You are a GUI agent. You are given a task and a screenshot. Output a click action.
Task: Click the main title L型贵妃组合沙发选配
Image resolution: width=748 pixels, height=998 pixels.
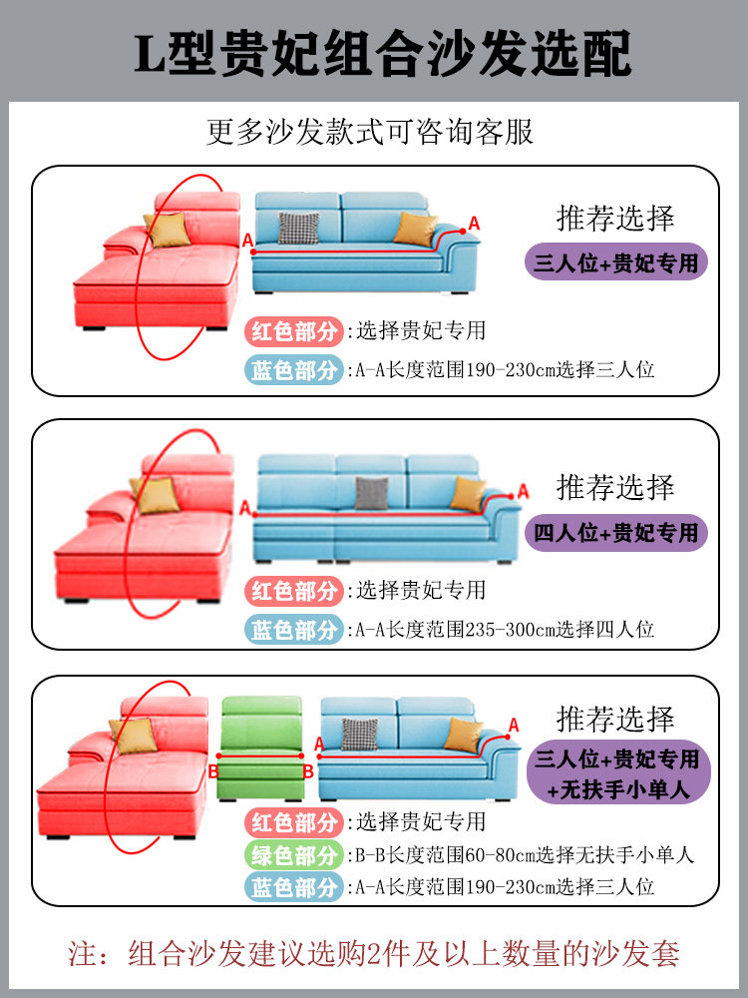(383, 52)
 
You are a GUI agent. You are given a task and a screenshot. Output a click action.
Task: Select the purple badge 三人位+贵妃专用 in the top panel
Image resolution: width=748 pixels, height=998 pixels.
(617, 262)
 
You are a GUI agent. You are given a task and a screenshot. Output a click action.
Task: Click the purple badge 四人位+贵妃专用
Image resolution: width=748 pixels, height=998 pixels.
(617, 532)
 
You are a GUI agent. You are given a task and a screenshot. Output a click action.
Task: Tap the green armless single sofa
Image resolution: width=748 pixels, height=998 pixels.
(260, 748)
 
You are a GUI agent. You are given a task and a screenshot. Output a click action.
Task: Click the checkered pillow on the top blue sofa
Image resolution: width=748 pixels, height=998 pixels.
(297, 228)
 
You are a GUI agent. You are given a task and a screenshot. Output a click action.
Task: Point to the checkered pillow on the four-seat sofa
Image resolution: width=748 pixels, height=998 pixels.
(372, 493)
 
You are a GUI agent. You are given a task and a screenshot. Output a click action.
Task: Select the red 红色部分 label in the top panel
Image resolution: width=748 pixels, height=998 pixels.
(294, 330)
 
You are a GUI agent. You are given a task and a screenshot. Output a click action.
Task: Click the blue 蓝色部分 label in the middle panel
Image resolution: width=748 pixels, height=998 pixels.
(294, 630)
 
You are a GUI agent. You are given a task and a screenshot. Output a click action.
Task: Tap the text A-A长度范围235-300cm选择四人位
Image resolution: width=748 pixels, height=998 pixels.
(505, 630)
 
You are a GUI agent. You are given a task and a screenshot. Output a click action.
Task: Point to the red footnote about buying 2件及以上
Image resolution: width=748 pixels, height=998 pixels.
(374, 953)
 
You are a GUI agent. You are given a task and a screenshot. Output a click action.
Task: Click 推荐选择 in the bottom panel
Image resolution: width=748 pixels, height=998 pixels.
(615, 719)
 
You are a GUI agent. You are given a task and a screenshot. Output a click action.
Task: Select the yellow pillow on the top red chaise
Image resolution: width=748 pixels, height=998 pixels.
(167, 230)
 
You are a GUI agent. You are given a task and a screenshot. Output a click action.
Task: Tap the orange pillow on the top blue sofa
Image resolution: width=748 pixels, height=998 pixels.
(415, 229)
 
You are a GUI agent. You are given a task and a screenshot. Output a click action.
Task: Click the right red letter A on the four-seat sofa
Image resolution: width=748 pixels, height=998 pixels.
(523, 490)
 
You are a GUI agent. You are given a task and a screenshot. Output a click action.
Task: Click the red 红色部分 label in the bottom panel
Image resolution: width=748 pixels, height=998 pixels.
(294, 822)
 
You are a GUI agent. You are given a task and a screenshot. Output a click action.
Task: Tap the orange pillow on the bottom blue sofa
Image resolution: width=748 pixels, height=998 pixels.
(463, 736)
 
